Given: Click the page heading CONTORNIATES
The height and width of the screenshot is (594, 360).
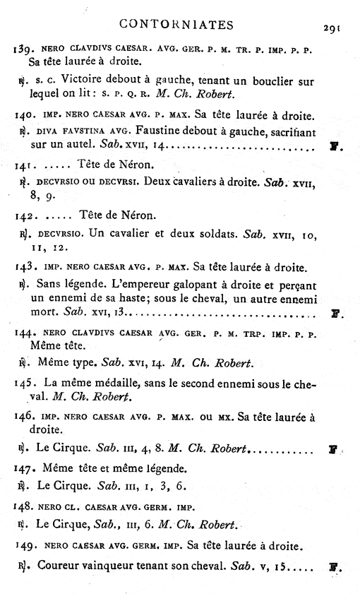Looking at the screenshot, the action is [x=176, y=25].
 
